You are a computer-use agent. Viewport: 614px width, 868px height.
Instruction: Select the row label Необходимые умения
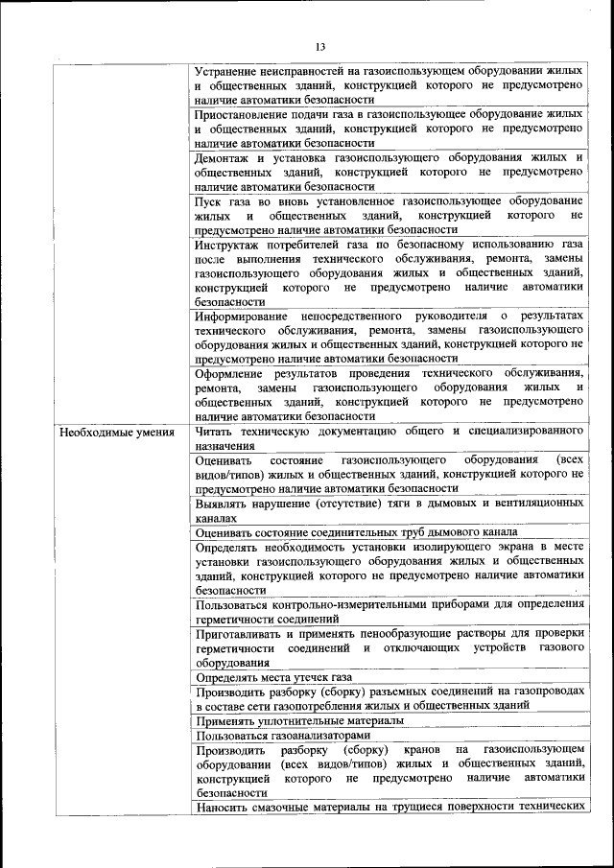(117, 431)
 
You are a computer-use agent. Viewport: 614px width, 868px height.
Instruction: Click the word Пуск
(209, 199)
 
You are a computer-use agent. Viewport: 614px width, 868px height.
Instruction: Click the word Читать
(215, 431)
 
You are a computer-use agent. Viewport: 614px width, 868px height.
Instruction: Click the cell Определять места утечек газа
(270, 676)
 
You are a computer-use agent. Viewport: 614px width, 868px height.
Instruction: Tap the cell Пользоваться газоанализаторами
(272, 735)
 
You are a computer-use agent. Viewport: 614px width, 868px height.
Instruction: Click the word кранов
(417, 749)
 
